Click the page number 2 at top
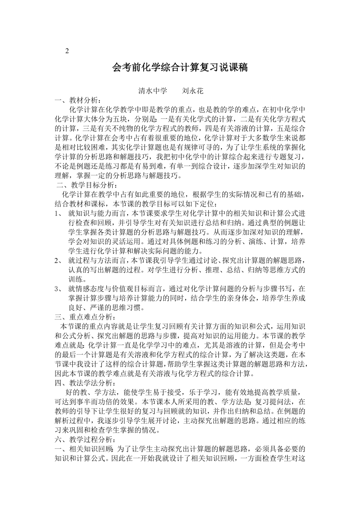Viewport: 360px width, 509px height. point(67,51)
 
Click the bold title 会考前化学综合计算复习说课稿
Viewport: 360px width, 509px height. point(180,68)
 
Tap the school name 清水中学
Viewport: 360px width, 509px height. point(153,91)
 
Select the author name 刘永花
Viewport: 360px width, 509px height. point(193,91)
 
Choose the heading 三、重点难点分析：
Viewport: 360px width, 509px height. point(85,316)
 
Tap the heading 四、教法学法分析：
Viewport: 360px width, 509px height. point(85,382)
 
